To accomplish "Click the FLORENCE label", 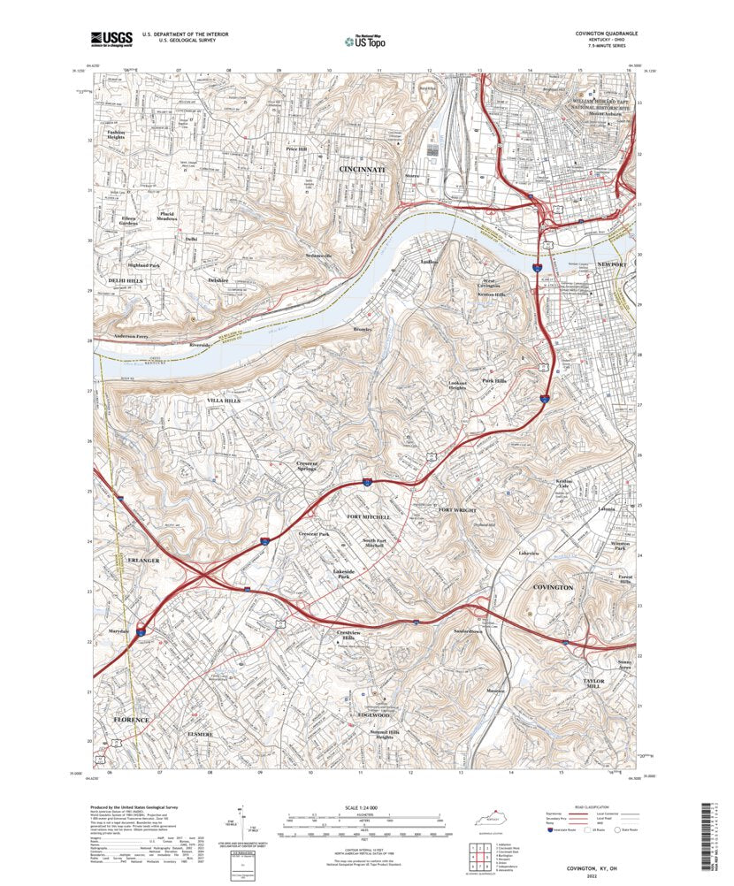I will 131,721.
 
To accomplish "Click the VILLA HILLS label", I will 224,401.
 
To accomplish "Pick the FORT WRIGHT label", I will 457,511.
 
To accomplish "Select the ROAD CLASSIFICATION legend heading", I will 593,807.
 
